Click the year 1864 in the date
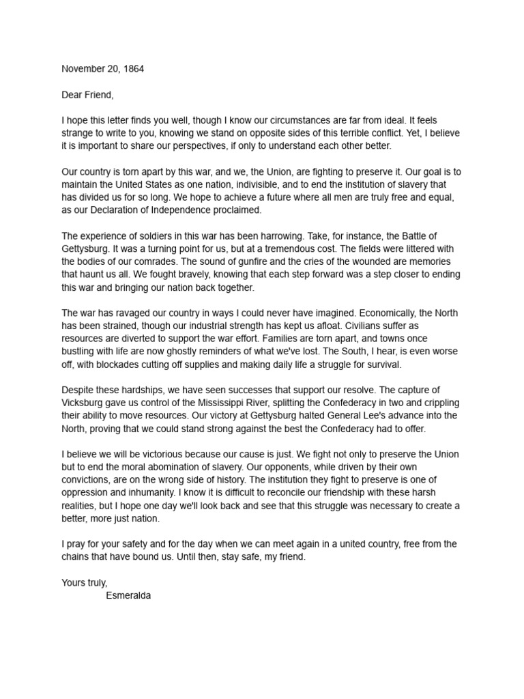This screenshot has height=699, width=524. coord(132,69)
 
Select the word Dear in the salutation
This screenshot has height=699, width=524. coord(72,95)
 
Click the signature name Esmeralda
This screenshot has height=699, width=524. coord(128,595)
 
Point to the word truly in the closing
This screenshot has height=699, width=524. coord(96,582)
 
